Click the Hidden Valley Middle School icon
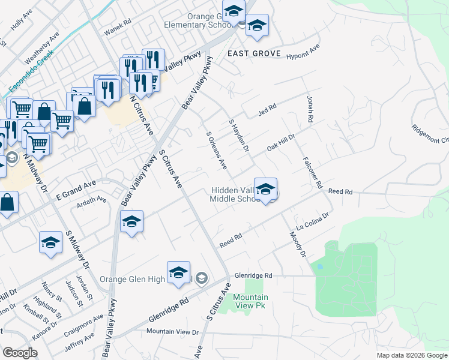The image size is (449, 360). pos(265,190)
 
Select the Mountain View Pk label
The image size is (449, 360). pos(250,301)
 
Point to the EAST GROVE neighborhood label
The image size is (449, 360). pos(254,54)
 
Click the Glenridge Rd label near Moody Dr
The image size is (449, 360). pos(253,275)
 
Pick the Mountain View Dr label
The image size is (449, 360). pos(172,331)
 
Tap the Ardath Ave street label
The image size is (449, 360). pos(92,200)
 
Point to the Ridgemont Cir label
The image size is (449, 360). pos(430,133)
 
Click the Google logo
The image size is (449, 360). pos(20,353)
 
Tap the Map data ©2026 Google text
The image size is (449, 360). pos(411,355)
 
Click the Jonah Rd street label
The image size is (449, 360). pos(310,110)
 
